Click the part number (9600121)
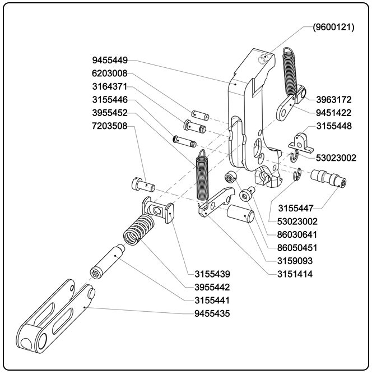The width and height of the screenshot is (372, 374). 333,27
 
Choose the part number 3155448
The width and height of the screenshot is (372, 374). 334,126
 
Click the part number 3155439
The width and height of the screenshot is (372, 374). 212,274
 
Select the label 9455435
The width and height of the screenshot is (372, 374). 212,313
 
